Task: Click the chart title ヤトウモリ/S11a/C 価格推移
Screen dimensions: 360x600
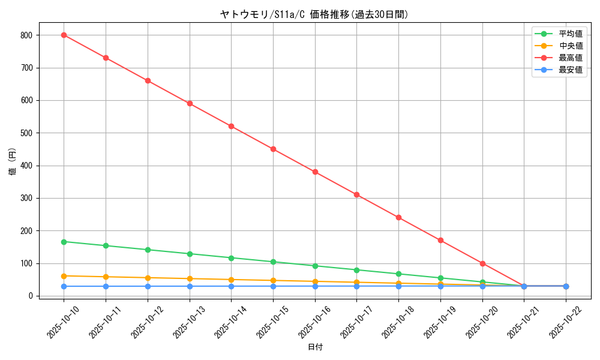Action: coord(314,14)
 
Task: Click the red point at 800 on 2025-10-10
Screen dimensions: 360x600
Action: coord(64,35)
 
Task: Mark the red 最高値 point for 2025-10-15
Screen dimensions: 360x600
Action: coord(273,149)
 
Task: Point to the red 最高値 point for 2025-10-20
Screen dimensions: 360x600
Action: coord(482,263)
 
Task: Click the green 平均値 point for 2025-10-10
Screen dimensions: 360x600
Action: coord(64,242)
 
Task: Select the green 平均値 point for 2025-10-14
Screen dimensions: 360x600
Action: coord(231,258)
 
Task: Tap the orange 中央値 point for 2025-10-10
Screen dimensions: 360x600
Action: coord(64,276)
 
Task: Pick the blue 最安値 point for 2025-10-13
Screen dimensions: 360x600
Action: coord(190,286)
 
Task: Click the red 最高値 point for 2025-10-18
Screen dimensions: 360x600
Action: coord(398,217)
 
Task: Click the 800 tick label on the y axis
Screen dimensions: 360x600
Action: coord(25,35)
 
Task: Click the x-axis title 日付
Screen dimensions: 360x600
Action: coord(315,347)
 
